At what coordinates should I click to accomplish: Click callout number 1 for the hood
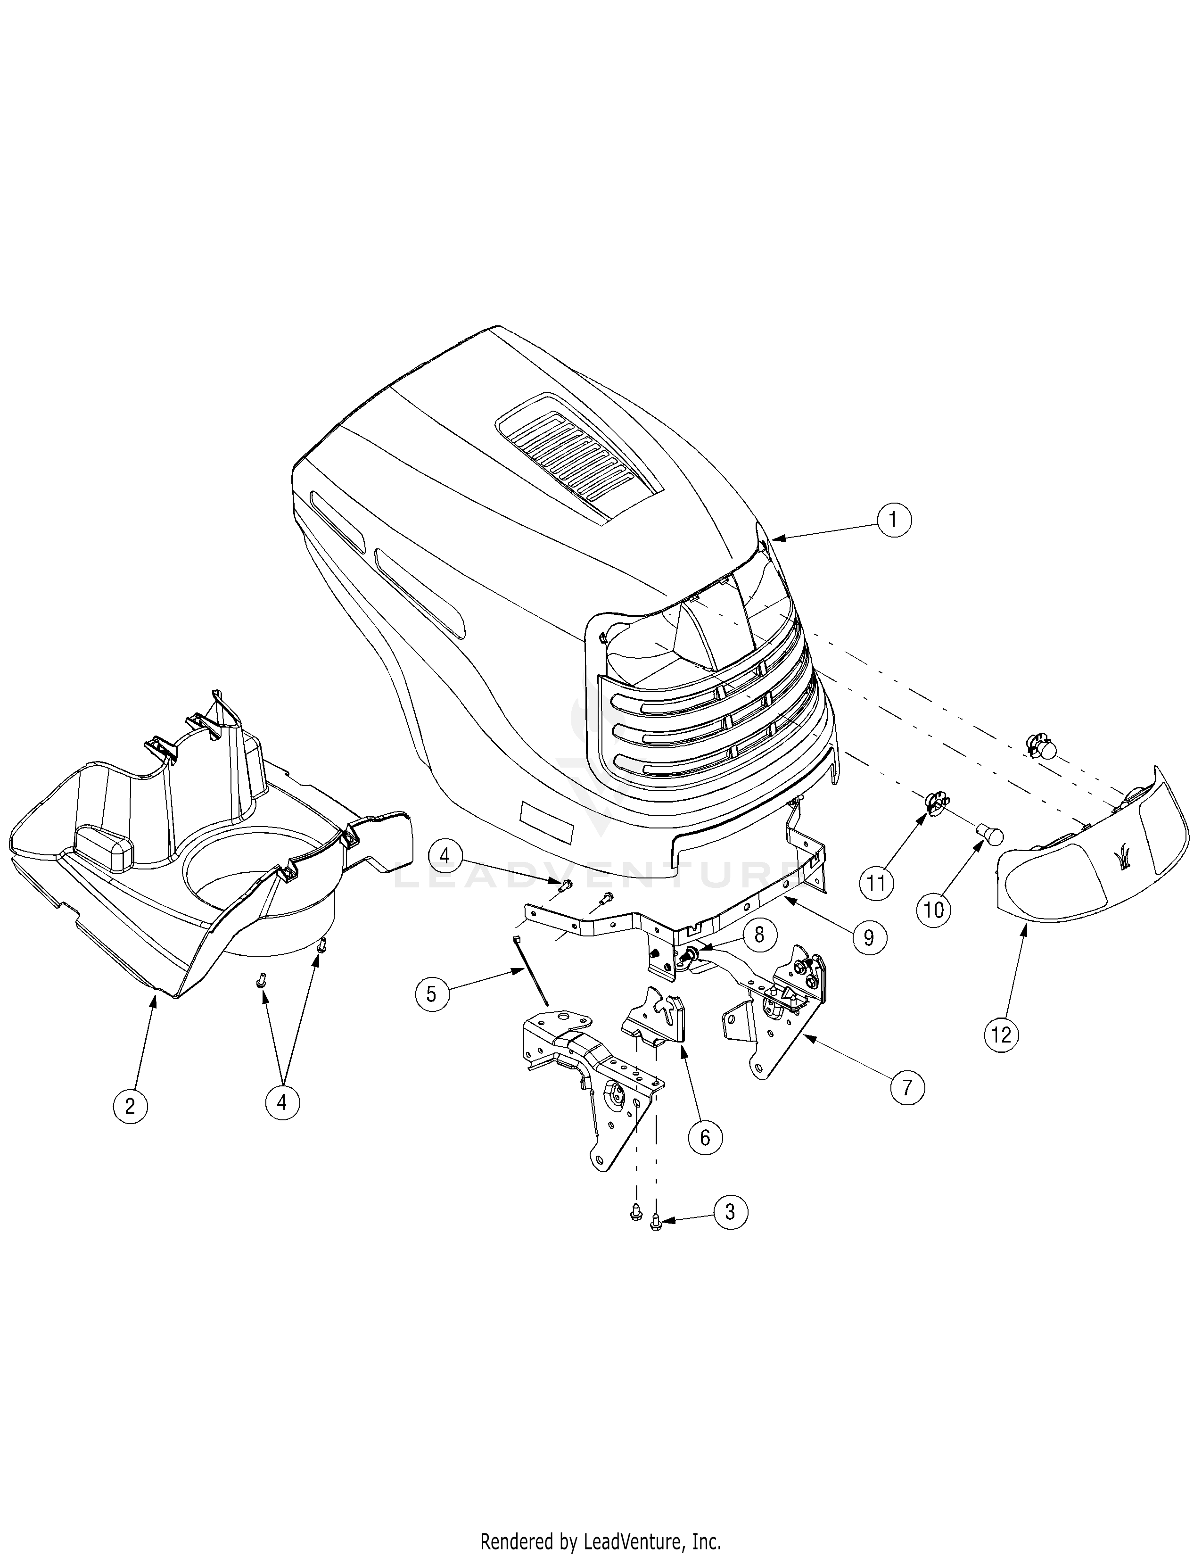pyautogui.click(x=894, y=520)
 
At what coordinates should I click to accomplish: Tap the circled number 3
pyautogui.click(x=730, y=1211)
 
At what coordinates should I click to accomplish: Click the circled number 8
pyautogui.click(x=759, y=934)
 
